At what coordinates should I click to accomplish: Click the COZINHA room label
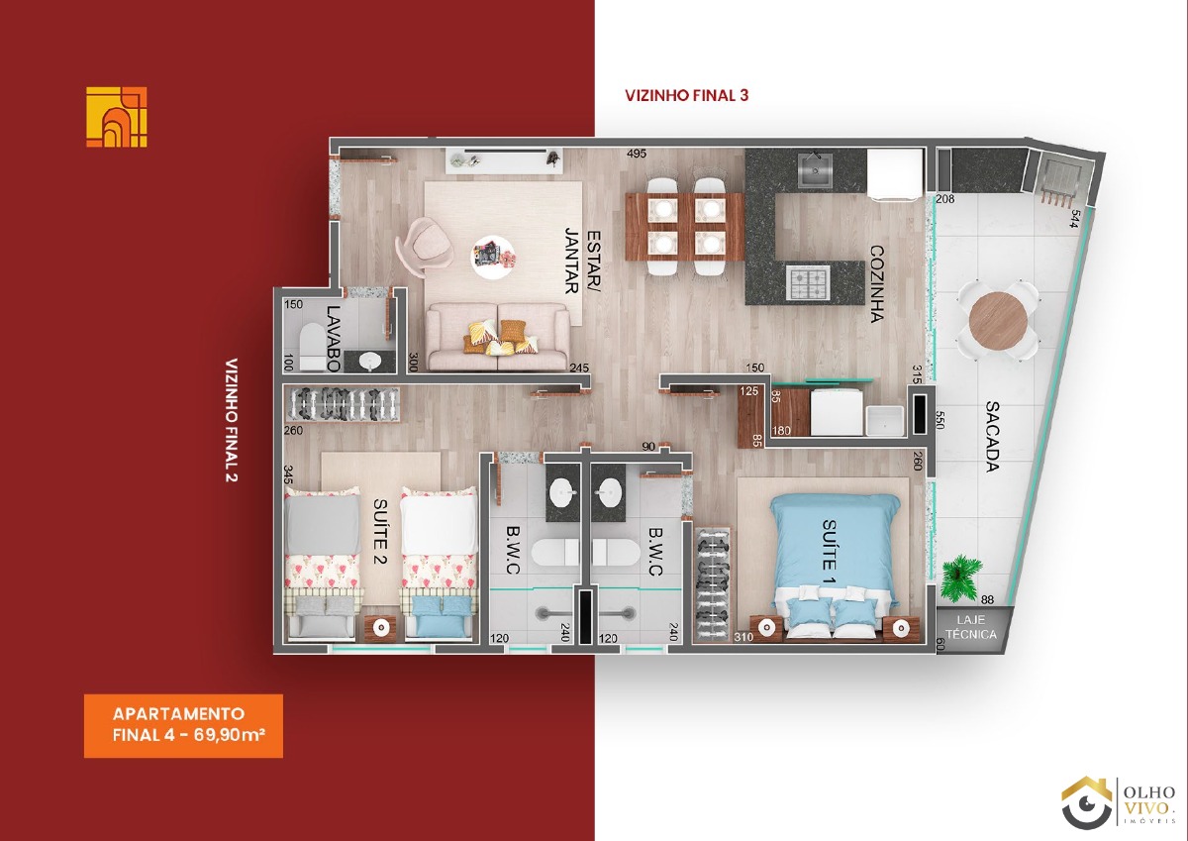click(x=877, y=284)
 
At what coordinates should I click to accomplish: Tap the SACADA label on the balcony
click(x=992, y=436)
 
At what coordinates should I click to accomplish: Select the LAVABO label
click(x=334, y=339)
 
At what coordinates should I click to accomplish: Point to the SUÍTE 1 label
click(x=829, y=552)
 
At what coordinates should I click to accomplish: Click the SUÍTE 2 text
click(x=380, y=531)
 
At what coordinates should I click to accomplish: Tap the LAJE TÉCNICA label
click(x=971, y=627)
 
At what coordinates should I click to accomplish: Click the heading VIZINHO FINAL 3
click(x=687, y=95)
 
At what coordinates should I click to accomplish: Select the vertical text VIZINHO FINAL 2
click(x=232, y=420)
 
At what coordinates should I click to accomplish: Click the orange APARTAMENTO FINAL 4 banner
click(x=183, y=725)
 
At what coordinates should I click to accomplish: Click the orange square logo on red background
click(x=117, y=117)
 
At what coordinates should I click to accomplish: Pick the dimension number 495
click(x=637, y=154)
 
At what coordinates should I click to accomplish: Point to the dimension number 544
click(x=1074, y=219)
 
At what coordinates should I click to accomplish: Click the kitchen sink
click(x=815, y=169)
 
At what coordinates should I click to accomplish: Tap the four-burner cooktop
click(x=808, y=283)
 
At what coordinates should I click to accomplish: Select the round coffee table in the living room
click(x=493, y=257)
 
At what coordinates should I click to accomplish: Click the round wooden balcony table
click(x=998, y=321)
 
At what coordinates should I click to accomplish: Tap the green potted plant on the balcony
click(x=960, y=578)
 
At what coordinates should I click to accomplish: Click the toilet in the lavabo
click(x=313, y=346)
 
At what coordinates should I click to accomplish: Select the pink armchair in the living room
click(x=425, y=247)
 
